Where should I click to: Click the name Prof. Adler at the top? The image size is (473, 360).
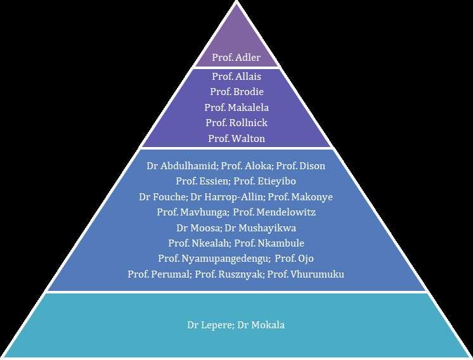coord(236,58)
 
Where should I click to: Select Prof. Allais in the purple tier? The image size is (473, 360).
coord(236,76)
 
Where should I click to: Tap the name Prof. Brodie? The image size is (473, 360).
coord(236,91)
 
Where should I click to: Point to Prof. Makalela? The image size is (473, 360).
coord(236,107)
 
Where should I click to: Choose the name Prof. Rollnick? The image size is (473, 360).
coord(236,122)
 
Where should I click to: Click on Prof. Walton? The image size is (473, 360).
coord(236,138)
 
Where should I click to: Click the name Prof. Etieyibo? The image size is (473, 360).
coord(269,181)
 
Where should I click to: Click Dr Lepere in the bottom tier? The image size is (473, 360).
coord(207,325)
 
